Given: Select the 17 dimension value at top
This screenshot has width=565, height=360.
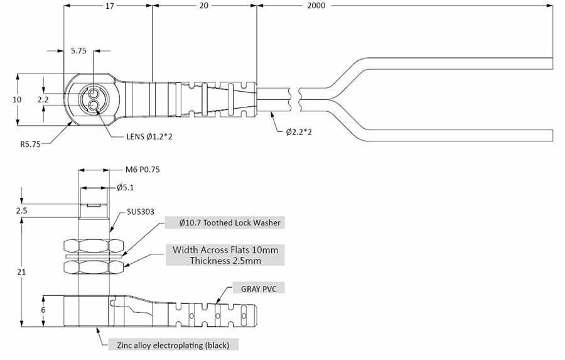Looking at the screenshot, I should (109, 6).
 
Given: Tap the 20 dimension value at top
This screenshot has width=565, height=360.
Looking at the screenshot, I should (203, 6).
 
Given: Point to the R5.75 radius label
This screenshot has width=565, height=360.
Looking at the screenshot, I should (29, 144).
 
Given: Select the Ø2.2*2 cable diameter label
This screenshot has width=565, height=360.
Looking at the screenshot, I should (299, 132).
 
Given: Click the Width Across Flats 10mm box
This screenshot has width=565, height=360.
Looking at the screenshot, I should (225, 255).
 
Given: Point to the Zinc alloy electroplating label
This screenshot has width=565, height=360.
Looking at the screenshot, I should (173, 345).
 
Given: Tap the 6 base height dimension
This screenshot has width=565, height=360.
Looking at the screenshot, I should (43, 310).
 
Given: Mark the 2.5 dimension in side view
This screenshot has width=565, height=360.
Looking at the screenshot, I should (22, 210).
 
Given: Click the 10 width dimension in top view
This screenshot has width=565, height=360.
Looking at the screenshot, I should (17, 99).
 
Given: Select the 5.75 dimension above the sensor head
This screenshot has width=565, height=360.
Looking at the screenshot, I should (78, 51).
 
